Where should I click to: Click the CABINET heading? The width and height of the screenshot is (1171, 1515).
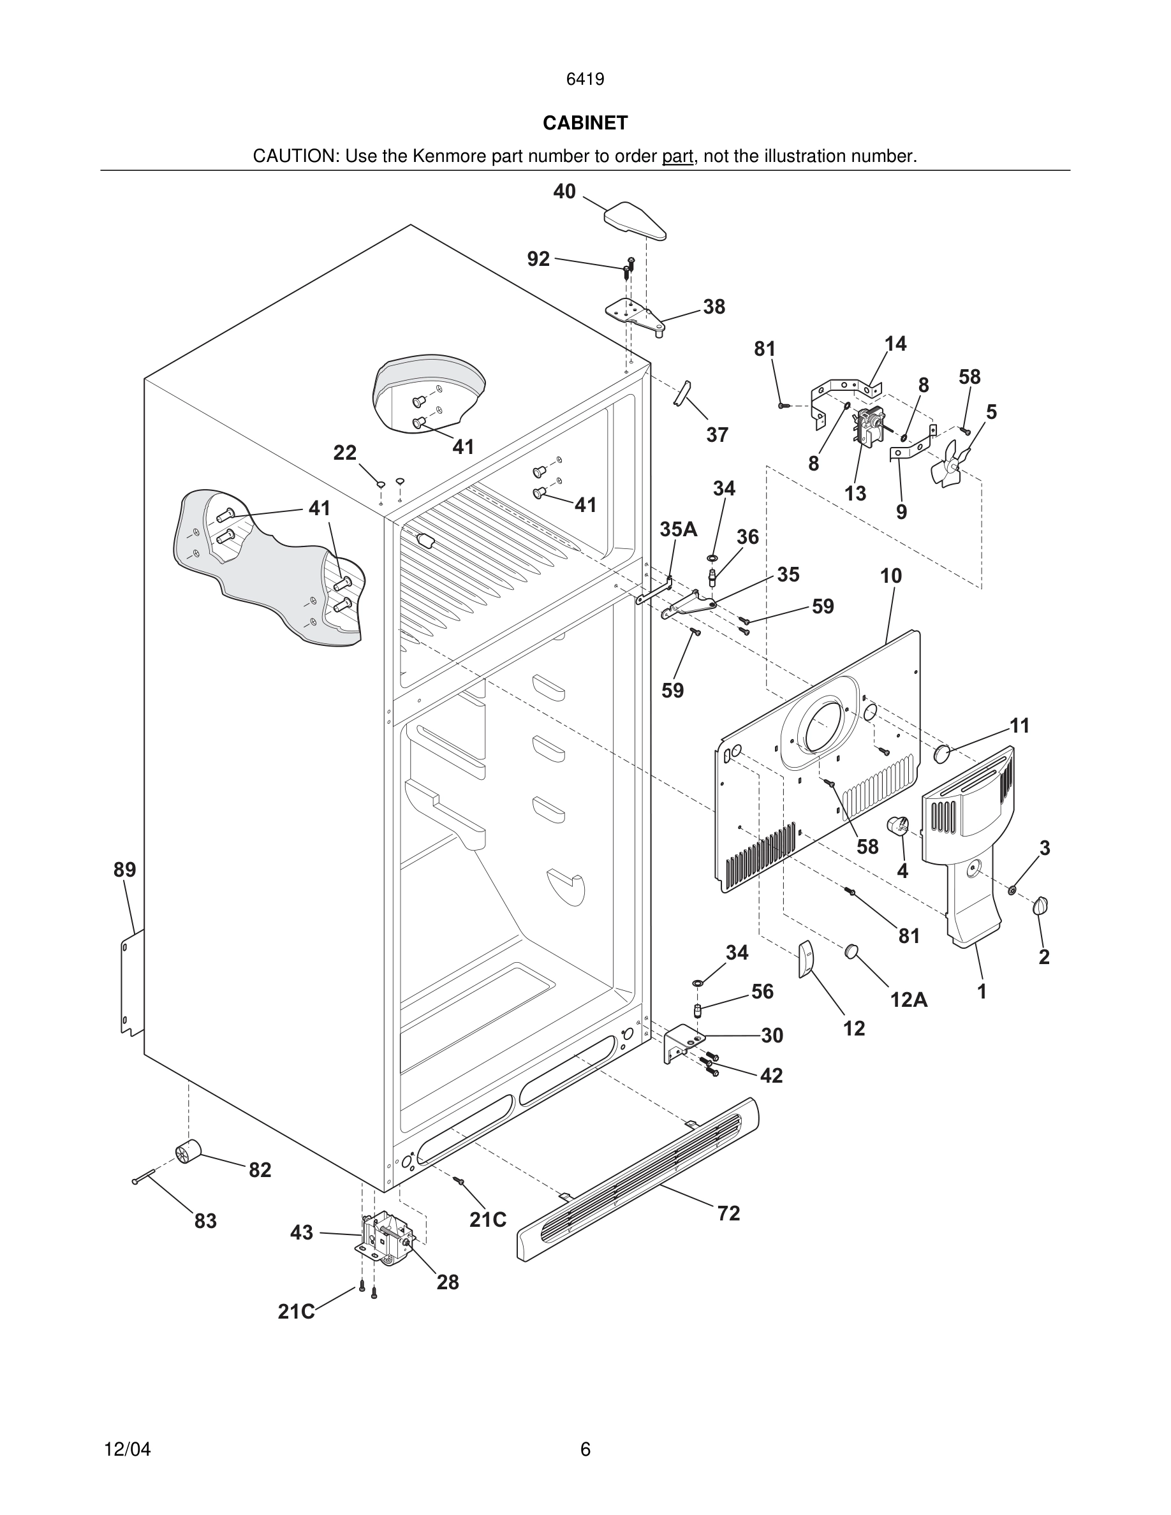click(585, 123)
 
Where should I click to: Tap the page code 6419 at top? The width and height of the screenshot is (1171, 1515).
click(585, 79)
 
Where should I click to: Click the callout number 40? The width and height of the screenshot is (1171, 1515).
click(564, 191)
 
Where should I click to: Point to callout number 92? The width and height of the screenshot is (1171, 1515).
click(538, 259)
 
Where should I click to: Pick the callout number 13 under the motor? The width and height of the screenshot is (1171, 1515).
click(855, 494)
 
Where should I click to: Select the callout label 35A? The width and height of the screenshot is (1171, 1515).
click(678, 529)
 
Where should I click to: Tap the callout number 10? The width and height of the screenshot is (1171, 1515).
click(891, 576)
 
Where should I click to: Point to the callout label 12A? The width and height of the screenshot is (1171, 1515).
click(909, 1000)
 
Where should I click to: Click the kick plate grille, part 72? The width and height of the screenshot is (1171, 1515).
click(638, 1178)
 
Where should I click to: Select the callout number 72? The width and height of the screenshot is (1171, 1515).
click(728, 1213)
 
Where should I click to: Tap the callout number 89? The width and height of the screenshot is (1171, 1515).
click(125, 870)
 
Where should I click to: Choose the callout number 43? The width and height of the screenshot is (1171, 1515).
click(301, 1233)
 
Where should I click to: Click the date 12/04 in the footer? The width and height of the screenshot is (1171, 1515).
click(127, 1449)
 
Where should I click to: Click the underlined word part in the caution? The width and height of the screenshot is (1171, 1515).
click(677, 157)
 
